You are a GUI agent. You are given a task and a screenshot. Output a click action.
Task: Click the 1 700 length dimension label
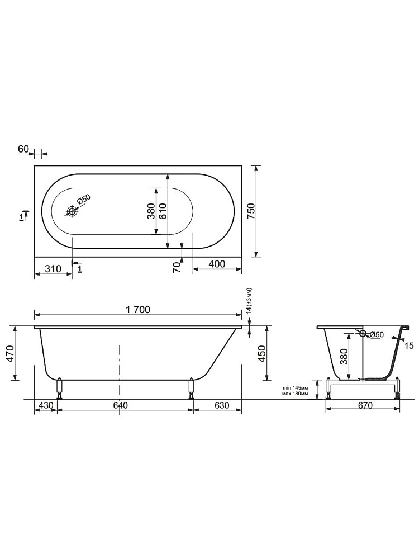[x=138, y=310]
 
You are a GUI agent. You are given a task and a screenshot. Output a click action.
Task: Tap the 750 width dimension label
[x=251, y=211]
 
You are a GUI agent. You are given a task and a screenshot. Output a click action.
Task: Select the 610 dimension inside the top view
[x=161, y=211]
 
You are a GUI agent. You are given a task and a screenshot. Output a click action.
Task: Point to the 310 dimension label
[x=53, y=268]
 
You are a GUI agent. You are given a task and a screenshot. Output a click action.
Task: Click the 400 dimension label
[x=217, y=264]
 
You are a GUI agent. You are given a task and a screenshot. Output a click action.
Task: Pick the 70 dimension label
[x=177, y=267]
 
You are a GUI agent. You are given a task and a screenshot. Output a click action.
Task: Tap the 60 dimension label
[x=23, y=149]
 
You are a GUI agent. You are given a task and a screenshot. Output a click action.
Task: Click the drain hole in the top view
[x=72, y=211]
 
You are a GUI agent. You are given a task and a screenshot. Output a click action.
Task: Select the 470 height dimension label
[x=10, y=354]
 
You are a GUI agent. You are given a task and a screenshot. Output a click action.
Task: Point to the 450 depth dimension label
[x=261, y=354]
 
